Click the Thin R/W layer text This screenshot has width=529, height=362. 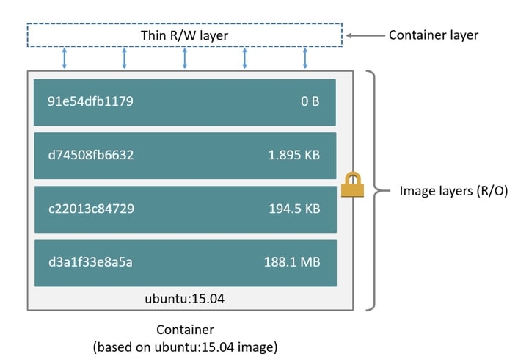pos(184,35)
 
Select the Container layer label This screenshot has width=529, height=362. pos(433,35)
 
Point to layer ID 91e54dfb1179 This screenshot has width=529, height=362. pos(90,101)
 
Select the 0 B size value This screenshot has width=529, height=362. pos(310,101)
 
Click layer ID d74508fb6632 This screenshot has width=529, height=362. pos(91,155)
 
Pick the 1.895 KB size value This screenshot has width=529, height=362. pos(294,155)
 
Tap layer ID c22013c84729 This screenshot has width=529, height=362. pos(91,209)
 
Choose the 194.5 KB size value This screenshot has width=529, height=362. pos(294,209)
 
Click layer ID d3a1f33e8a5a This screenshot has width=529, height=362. pos(90,262)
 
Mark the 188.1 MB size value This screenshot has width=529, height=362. pos(292,262)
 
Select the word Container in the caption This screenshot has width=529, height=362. pos(185,330)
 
